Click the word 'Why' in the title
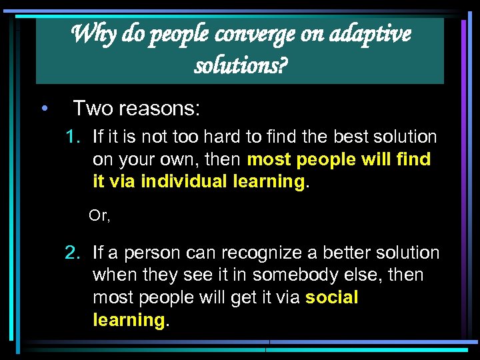click(x=88, y=33)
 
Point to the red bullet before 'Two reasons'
click(x=43, y=108)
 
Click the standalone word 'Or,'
click(x=99, y=216)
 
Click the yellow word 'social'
click(x=331, y=297)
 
